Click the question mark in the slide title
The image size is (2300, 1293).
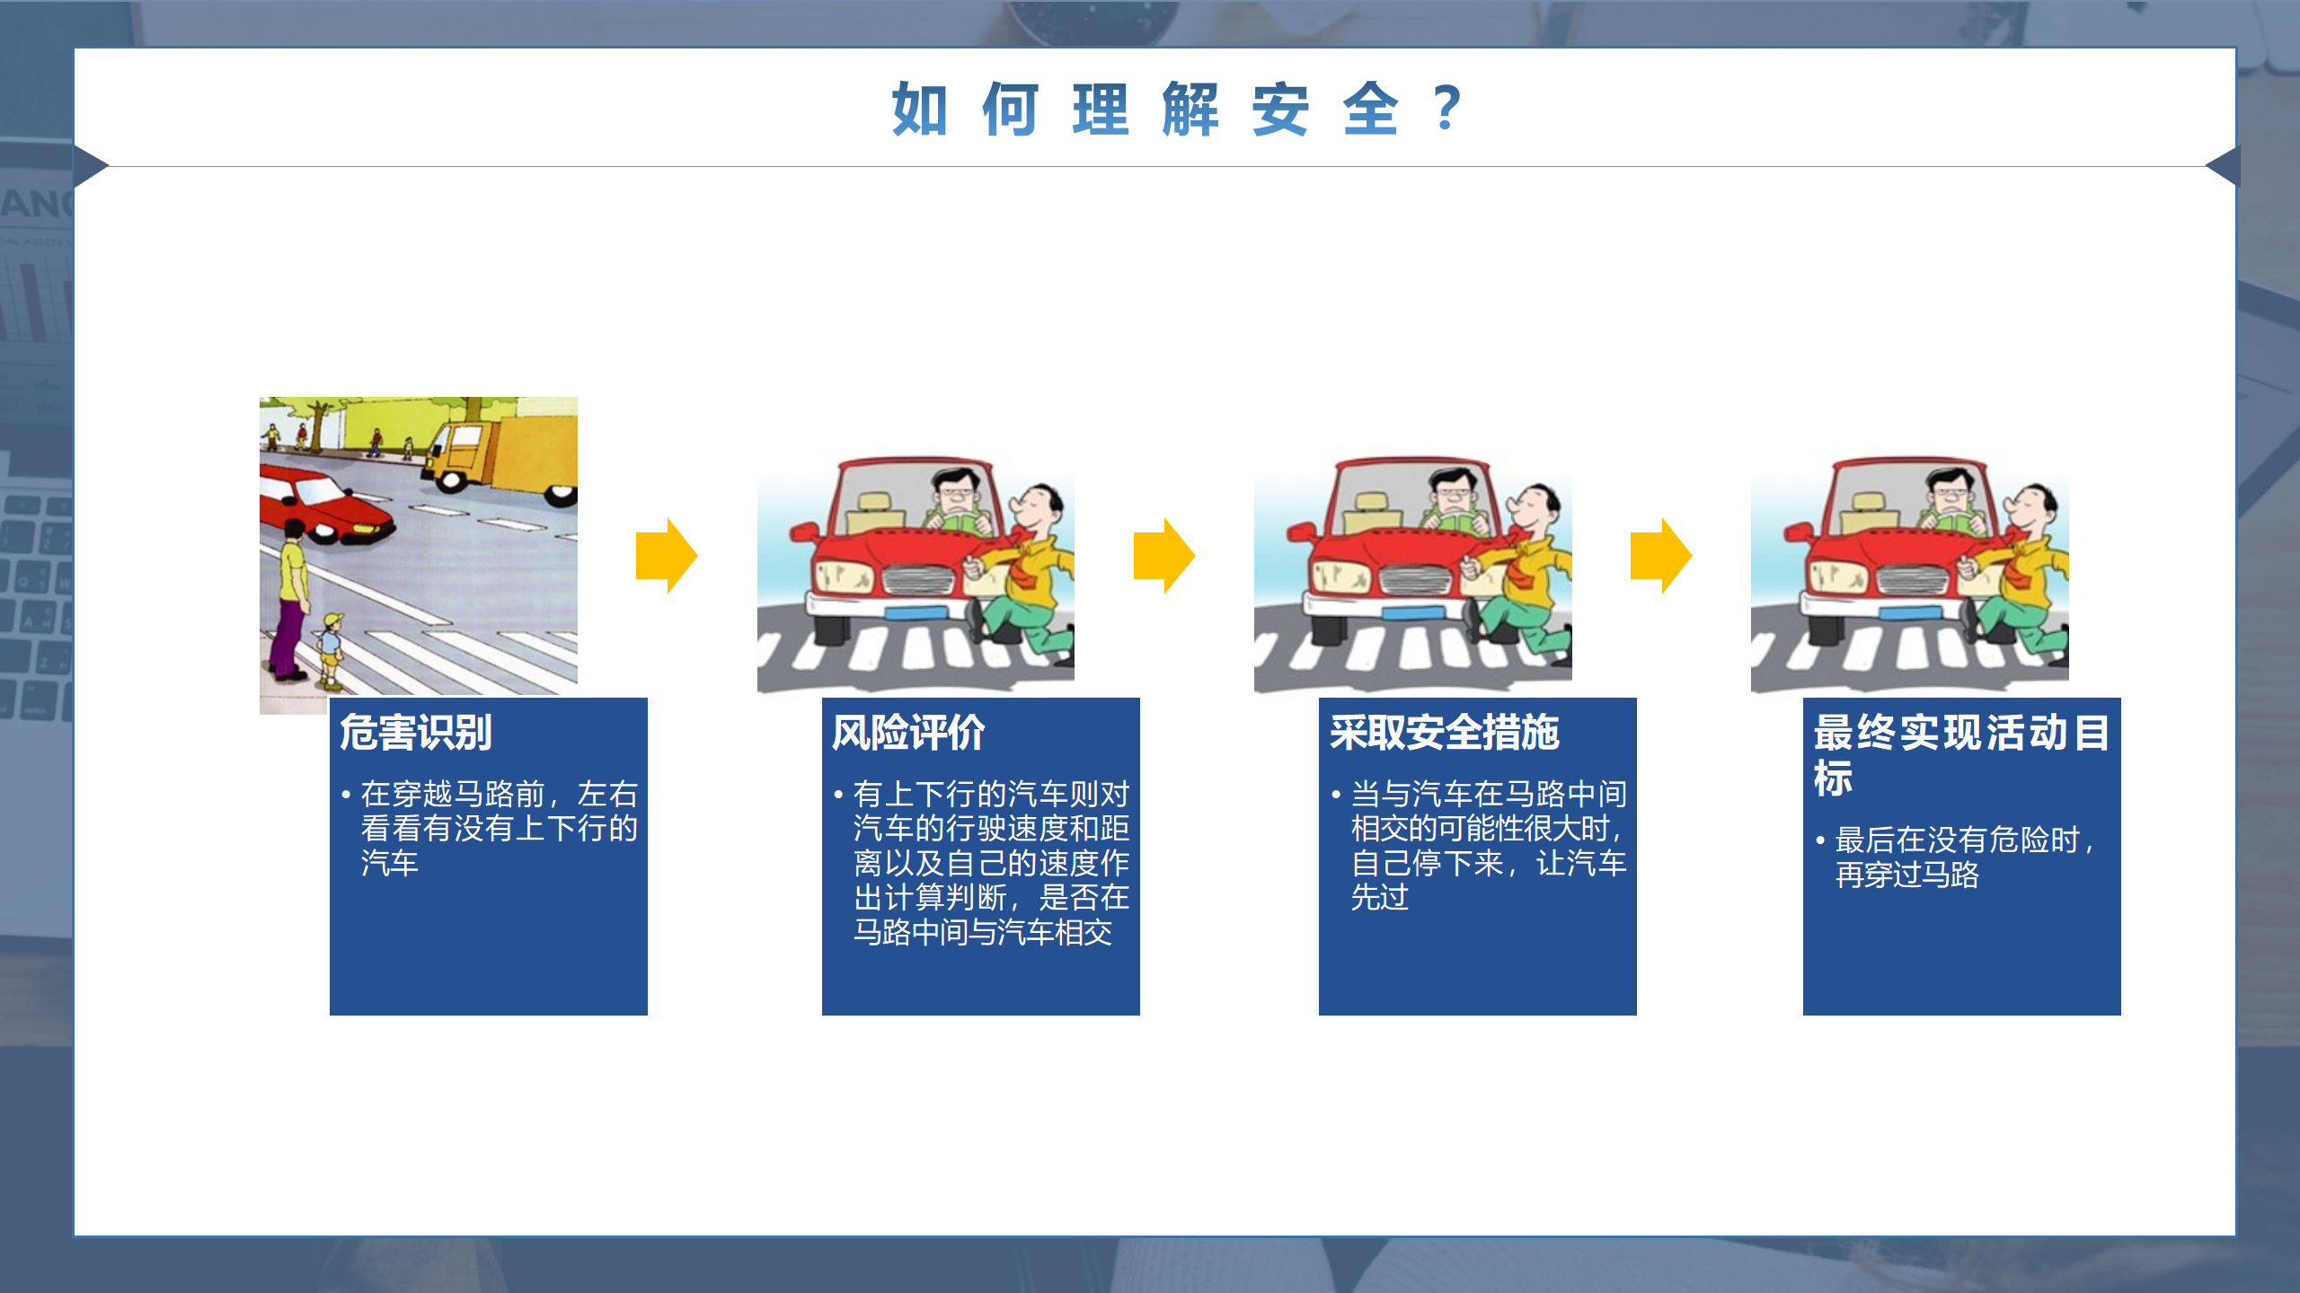click(x=1446, y=108)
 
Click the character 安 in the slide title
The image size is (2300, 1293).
click(x=1280, y=109)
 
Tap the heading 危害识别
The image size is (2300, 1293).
click(x=416, y=733)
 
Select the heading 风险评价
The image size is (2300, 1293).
click(x=908, y=733)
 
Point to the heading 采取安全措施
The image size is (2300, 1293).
click(x=1444, y=733)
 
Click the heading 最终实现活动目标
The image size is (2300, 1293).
click(x=1961, y=755)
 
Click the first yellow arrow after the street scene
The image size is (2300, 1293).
click(x=667, y=556)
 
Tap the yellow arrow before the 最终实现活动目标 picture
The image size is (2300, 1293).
click(x=1661, y=556)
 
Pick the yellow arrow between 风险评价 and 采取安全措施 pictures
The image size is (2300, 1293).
click(x=1164, y=556)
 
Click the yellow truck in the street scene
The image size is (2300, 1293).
click(x=503, y=458)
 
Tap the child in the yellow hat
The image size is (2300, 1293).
click(x=330, y=648)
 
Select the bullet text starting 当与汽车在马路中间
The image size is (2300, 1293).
click(x=1481, y=845)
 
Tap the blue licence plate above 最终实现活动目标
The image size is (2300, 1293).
click(x=1910, y=614)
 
